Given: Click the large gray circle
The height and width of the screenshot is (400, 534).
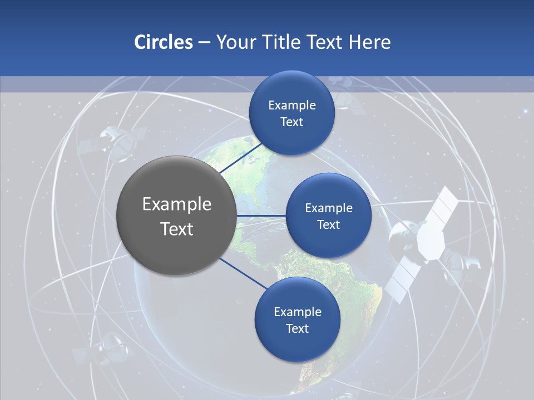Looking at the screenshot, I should pyautogui.click(x=176, y=216).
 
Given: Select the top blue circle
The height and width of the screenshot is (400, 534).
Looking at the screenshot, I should pyautogui.click(x=291, y=113).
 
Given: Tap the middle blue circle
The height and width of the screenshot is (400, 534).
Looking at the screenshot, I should pyautogui.click(x=328, y=216).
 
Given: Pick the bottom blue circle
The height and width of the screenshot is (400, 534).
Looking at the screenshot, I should pyautogui.click(x=297, y=319).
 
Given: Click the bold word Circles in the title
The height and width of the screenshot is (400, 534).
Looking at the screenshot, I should pyautogui.click(x=163, y=42).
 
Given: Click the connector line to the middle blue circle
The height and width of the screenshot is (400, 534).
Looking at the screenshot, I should pyautogui.click(x=261, y=216).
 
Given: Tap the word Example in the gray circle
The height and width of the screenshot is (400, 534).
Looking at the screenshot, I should pyautogui.click(x=177, y=204).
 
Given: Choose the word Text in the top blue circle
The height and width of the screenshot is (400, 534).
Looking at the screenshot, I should pyautogui.click(x=291, y=122).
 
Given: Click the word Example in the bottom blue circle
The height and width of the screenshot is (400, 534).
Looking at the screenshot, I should pyautogui.click(x=297, y=312).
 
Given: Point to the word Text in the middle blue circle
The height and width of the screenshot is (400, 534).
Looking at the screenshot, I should pyautogui.click(x=328, y=225).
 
